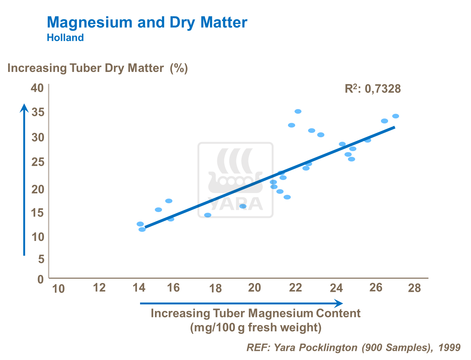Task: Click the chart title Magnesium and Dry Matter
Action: point(147,23)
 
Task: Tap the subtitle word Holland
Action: point(65,38)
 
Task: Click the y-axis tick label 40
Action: point(37,88)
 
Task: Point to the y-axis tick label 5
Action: point(41,259)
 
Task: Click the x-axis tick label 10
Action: point(58,288)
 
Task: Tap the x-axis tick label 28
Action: point(414,288)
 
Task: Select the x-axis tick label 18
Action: point(215,288)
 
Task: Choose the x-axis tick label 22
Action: point(295,287)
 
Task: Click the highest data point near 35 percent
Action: point(298,112)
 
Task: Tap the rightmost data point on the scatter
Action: point(396,116)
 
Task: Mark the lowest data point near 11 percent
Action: point(142,230)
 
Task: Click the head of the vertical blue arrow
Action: point(24,108)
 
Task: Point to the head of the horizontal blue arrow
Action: point(339,303)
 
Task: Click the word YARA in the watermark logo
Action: point(235,204)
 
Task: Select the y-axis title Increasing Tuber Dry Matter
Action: point(85,68)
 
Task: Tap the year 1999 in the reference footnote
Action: point(449,347)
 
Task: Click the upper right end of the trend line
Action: point(394,128)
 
